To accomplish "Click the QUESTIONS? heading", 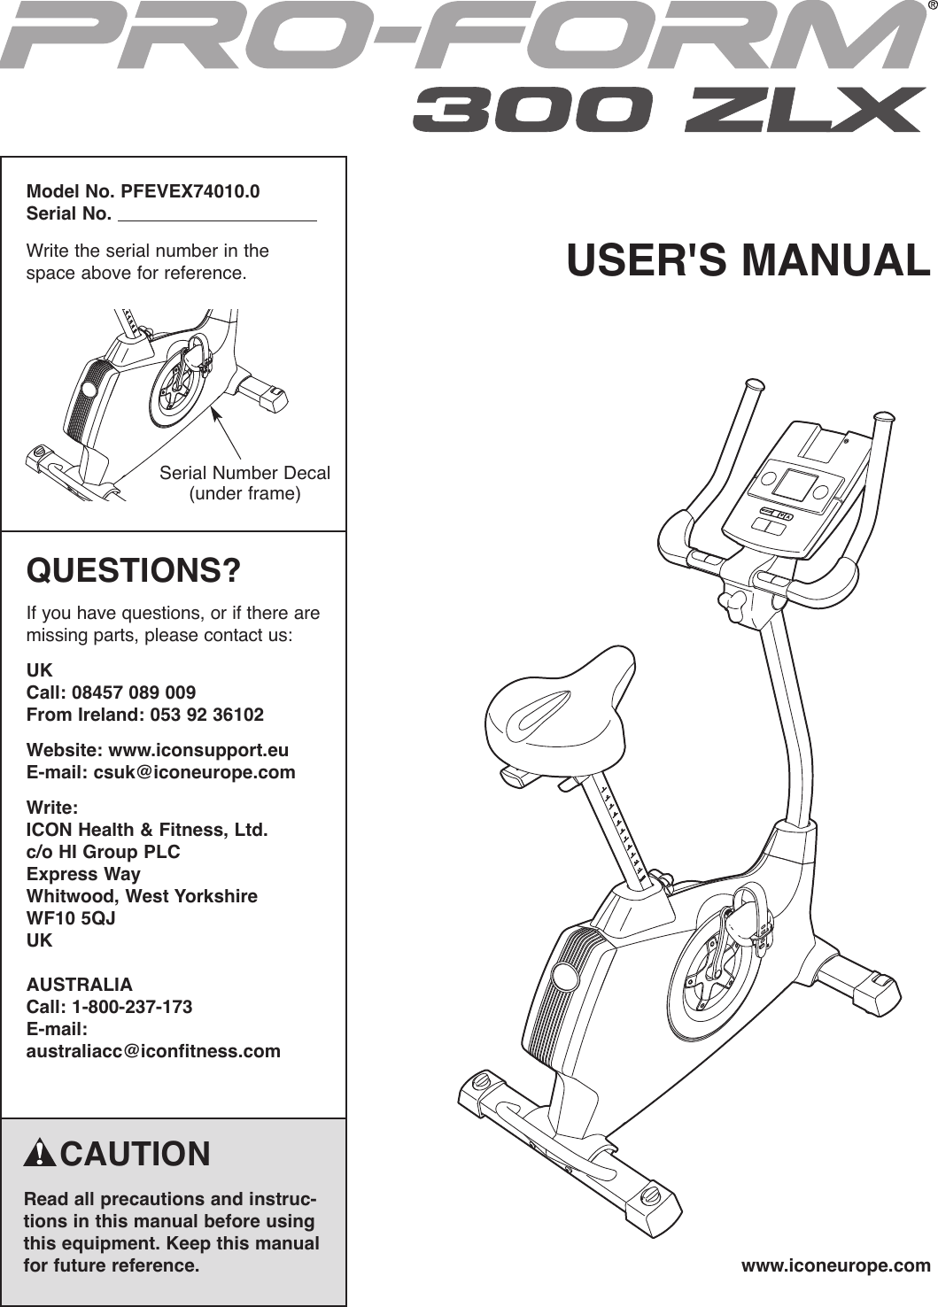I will (x=134, y=571).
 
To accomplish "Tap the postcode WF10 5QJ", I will (x=71, y=918).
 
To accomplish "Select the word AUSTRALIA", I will (x=80, y=985).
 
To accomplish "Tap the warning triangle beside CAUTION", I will (x=40, y=1154).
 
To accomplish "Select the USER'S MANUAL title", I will (x=748, y=260).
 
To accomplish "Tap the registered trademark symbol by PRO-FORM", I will (x=931, y=8).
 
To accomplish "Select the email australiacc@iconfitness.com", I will (x=153, y=1051).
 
